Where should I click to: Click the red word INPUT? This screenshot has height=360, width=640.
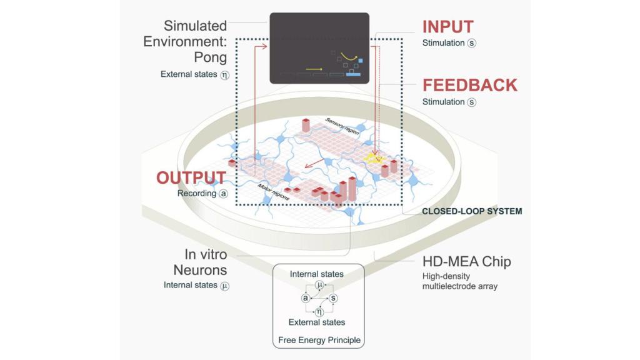click(x=447, y=27)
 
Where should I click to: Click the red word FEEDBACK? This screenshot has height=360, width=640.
click(x=469, y=85)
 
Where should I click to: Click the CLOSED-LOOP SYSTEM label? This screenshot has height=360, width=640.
click(x=472, y=211)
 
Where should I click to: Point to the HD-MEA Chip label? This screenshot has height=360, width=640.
click(x=466, y=261)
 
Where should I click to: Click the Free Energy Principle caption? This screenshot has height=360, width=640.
click(x=319, y=341)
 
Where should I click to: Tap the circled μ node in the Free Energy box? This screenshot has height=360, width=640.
click(x=319, y=286)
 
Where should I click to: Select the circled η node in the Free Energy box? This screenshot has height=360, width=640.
click(x=319, y=311)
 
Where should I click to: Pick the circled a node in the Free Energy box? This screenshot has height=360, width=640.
click(x=305, y=299)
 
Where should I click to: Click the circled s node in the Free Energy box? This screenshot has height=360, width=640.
click(x=334, y=299)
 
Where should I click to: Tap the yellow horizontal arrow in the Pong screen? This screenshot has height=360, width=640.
click(x=314, y=68)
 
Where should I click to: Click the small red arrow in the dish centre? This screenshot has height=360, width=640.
click(x=316, y=163)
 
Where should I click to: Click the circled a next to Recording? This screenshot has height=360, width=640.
click(x=222, y=194)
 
